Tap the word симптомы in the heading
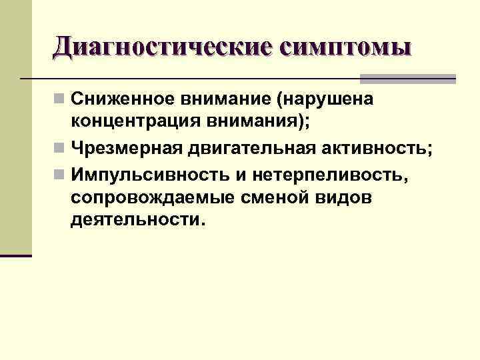pos(346,47)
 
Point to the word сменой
pos(260,198)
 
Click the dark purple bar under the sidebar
pos(16,255)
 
